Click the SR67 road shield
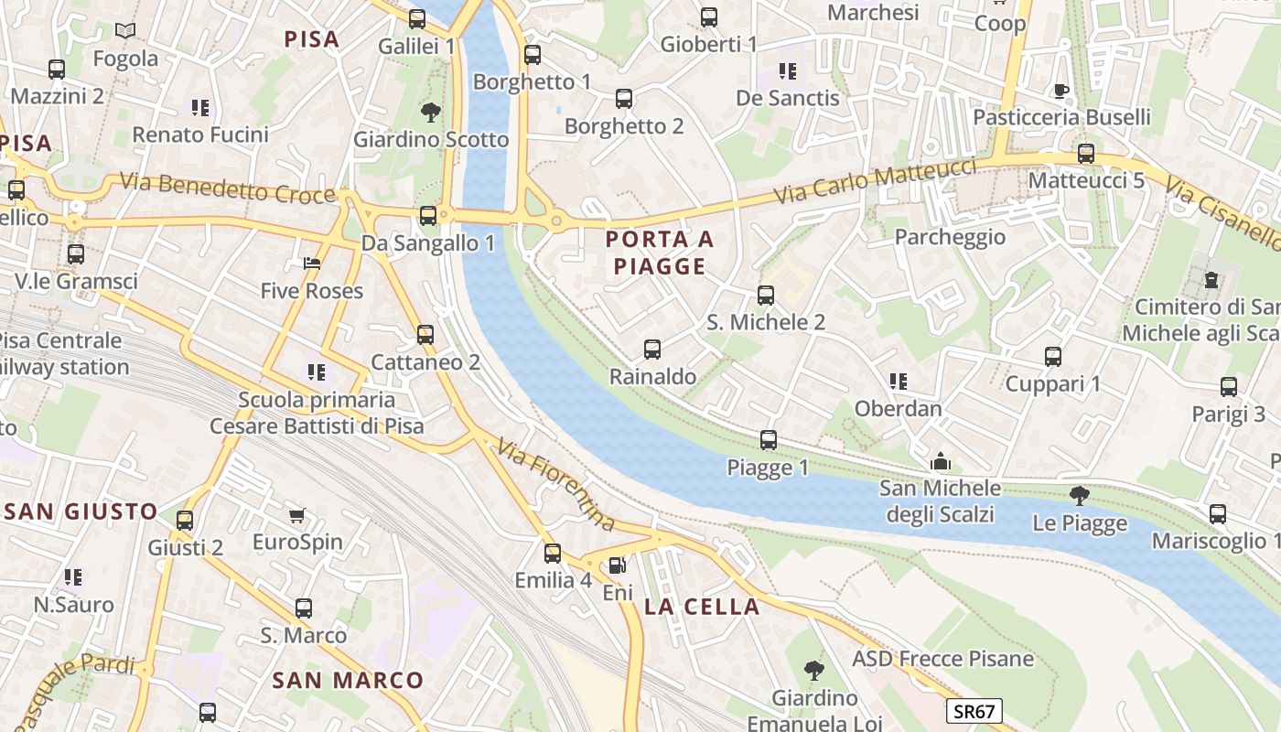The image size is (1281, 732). [x=974, y=711]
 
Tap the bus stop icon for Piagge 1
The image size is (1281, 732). [x=769, y=440]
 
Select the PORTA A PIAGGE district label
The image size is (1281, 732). [x=660, y=253]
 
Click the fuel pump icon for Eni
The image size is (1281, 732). [x=618, y=566]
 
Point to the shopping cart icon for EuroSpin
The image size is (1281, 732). [x=296, y=515]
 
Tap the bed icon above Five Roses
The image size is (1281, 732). [x=312, y=264]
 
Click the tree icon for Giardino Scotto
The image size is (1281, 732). [x=430, y=113]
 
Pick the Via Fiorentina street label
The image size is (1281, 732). [x=556, y=485]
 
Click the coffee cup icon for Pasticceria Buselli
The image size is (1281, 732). [x=1060, y=90]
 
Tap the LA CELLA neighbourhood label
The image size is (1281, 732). [x=702, y=607]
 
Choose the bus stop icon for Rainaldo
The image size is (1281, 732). [x=652, y=350]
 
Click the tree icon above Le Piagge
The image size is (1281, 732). [x=1080, y=496]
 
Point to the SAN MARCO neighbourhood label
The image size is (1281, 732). [x=348, y=680]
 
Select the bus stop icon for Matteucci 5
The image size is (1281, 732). [x=1086, y=154]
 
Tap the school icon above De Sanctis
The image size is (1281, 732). [x=787, y=70]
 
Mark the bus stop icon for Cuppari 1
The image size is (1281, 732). [x=1053, y=357]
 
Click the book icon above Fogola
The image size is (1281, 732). [x=125, y=31]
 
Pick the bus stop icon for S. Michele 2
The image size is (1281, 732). [x=766, y=296]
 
